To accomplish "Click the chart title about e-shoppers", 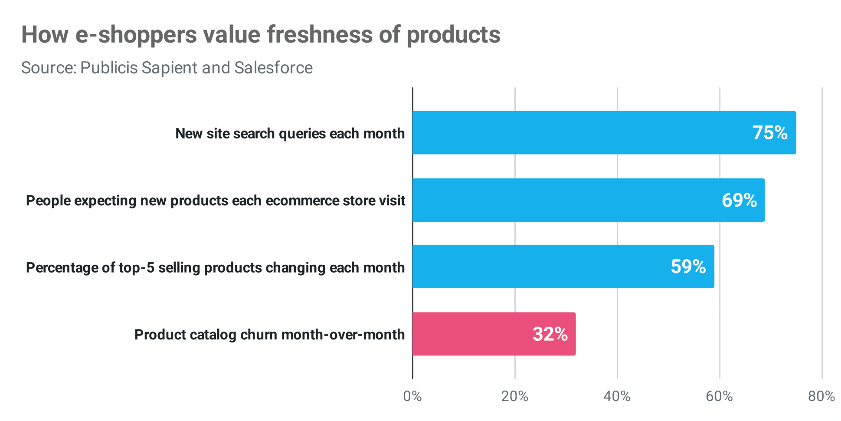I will coord(261,35).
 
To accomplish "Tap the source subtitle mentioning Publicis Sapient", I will coord(167,68).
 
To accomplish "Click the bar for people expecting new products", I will coord(564,200).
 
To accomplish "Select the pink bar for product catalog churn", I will coord(468,334).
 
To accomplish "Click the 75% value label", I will coord(770,133).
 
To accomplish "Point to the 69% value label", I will coord(739,200).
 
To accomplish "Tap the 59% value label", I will coord(688,266).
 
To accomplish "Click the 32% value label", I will coord(550,334).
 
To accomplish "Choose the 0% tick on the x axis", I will coord(412,396).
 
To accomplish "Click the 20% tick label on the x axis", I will coord(514,396).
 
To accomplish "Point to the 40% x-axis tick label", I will coord(617,396).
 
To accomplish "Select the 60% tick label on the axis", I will coord(719,396).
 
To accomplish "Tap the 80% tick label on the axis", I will coord(821,396).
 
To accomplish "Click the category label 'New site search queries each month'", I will coord(290,133).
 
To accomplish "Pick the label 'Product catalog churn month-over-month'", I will coord(269,335).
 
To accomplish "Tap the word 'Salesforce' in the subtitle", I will coord(273,68).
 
